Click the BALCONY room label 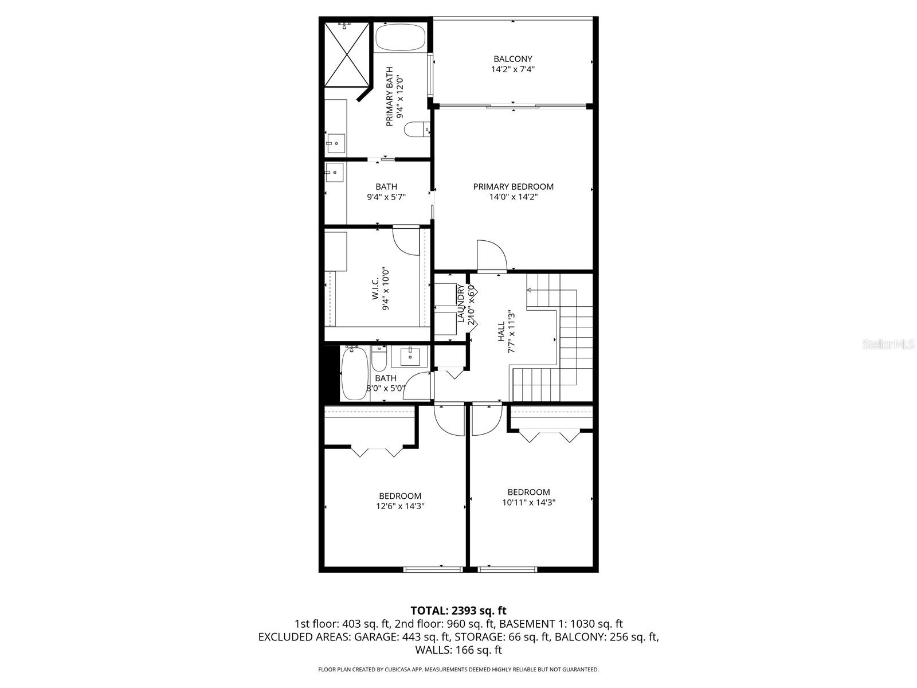513,58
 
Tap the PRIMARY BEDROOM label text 513,186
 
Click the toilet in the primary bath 416,130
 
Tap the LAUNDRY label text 460,303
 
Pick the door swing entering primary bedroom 492,256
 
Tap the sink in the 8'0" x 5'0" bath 410,356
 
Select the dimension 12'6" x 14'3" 400,506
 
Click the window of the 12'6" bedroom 433,569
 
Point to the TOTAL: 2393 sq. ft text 458,611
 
